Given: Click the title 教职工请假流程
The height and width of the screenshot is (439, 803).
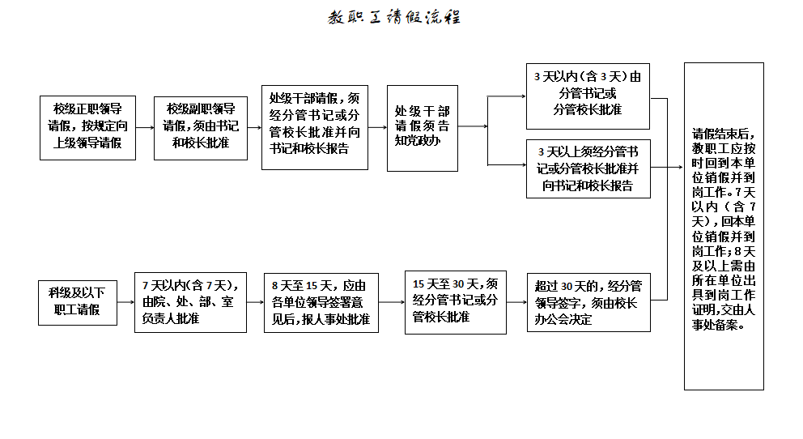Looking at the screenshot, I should (394, 18).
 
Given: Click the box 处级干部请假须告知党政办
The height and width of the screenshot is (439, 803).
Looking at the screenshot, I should (422, 128).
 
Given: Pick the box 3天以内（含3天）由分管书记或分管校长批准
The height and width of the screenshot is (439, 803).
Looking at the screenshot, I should (588, 96).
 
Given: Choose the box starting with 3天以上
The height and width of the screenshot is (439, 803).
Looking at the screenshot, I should (588, 168).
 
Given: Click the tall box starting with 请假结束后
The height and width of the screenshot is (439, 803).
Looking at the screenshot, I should (724, 226).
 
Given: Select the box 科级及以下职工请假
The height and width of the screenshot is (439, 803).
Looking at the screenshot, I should (77, 301).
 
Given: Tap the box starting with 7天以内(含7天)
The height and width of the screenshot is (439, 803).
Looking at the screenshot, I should (190, 301).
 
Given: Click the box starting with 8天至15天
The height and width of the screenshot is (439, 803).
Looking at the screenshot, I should (321, 301).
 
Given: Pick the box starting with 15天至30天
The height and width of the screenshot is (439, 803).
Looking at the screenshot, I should (456, 301).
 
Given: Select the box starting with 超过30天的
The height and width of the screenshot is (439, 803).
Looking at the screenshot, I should (588, 301).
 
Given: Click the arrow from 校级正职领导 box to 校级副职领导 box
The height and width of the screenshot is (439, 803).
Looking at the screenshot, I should (143, 127).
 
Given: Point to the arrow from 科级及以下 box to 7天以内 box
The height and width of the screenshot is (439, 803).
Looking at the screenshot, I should (125, 302).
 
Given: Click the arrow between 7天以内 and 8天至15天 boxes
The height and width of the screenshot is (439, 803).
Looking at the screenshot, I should (255, 302).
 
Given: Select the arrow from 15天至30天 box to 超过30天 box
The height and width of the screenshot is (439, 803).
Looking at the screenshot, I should (516, 302).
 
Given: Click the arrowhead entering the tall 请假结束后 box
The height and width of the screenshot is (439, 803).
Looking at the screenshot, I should (680, 168).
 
